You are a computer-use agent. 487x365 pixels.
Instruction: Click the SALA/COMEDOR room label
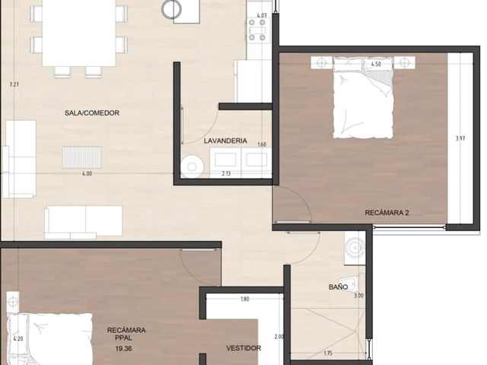(92, 113)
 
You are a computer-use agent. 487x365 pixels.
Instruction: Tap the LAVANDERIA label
(225, 141)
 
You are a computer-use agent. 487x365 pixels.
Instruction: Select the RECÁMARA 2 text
(387, 213)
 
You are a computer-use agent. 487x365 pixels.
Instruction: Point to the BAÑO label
(338, 287)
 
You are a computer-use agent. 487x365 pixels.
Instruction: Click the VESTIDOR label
(243, 348)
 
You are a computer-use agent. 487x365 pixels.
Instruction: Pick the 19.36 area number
(123, 348)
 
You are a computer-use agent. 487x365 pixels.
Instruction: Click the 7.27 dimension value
(14, 84)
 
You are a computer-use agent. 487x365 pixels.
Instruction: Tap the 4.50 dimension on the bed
(376, 64)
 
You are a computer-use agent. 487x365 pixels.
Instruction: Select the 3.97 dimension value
(460, 138)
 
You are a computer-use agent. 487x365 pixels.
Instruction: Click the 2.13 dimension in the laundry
(227, 174)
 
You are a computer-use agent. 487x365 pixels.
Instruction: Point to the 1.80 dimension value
(245, 300)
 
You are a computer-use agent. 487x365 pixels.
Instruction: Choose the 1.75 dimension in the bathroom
(328, 353)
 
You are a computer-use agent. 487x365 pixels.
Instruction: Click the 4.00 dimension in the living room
(87, 174)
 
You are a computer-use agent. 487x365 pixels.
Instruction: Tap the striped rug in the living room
(82, 157)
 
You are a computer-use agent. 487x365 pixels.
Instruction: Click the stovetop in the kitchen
(257, 30)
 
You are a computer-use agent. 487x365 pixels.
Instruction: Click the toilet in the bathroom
(350, 284)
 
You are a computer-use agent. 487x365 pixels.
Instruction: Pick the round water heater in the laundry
(193, 167)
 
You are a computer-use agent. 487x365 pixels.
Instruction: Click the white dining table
(79, 33)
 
